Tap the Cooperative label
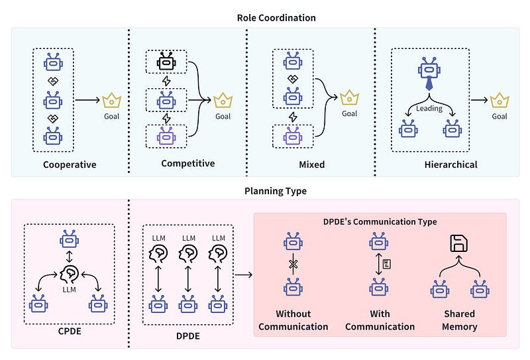70,164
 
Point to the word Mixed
311,164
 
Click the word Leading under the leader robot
429,108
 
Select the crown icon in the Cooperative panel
111,101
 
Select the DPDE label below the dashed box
187,336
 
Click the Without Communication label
293,320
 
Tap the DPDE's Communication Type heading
380,221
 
